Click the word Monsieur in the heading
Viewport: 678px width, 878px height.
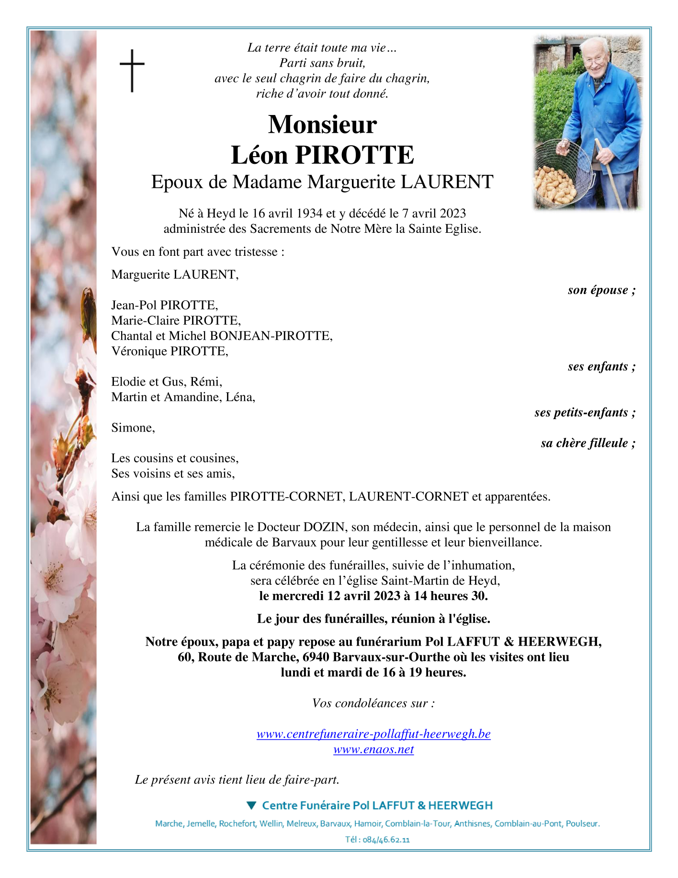coord(322,125)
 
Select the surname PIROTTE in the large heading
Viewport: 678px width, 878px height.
coord(354,155)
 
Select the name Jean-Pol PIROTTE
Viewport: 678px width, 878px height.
coord(165,305)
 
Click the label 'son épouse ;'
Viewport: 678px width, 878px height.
coord(601,290)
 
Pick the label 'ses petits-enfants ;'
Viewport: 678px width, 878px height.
coord(585,412)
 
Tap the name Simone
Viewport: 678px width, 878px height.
coord(133,428)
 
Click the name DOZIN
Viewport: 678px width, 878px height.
coord(324,527)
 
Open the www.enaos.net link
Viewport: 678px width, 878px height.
coord(373,749)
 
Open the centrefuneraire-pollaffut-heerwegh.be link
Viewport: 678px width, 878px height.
coord(373,734)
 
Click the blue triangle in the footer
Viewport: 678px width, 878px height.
coord(251,805)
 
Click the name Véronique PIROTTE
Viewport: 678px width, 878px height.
coord(169,351)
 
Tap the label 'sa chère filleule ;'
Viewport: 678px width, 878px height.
coord(588,443)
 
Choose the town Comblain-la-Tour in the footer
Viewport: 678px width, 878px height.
coord(418,823)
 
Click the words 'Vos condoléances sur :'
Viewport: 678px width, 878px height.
coord(373,703)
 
